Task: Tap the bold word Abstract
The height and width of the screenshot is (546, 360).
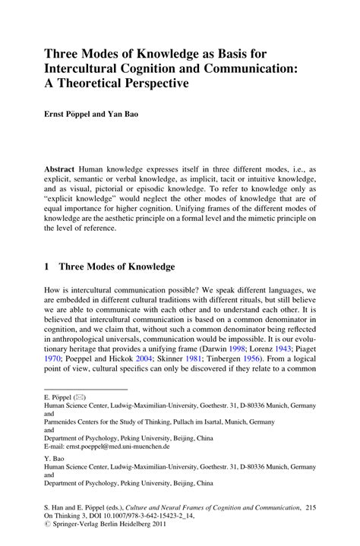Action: [x=62, y=166]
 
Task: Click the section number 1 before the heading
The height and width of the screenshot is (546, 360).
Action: [x=47, y=267]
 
